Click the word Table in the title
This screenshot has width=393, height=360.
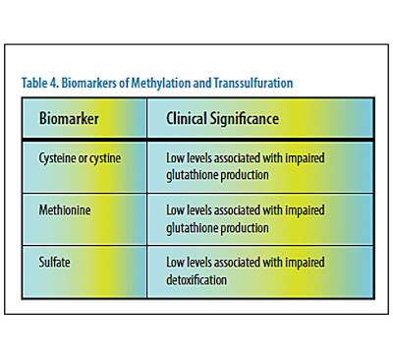point(34,83)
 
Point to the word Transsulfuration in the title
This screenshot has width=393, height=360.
point(253,83)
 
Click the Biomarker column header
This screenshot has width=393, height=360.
point(69,118)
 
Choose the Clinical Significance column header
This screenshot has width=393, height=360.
point(222,118)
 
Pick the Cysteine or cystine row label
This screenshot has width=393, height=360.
point(80,158)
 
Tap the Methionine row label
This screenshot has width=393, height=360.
point(65,210)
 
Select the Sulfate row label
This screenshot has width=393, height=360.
point(54,262)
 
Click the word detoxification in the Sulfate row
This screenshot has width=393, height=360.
point(196,279)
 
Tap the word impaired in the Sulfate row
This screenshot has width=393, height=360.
point(305,263)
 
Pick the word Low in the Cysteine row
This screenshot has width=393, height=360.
point(175,158)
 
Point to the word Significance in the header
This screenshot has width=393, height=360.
point(245,119)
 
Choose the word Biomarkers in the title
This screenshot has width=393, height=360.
point(89,83)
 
